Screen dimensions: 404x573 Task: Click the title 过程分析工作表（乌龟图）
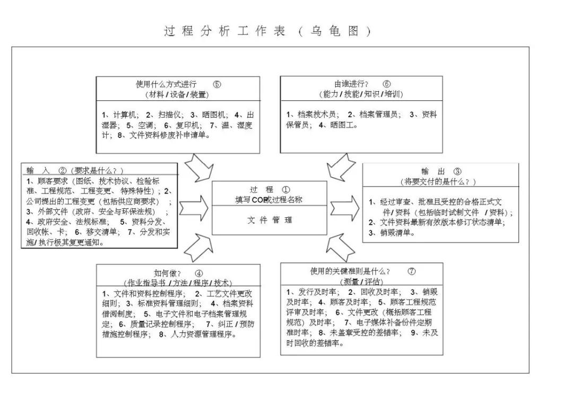pos(267,31)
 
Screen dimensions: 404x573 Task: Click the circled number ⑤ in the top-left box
pos(216,84)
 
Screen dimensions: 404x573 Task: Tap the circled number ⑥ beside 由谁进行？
pos(386,84)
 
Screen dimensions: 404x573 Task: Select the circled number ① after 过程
pos(286,189)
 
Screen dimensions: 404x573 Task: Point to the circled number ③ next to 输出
pos(457,171)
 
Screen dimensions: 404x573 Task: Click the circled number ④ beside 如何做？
pos(199,273)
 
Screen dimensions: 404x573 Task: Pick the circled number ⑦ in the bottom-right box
pos(412,271)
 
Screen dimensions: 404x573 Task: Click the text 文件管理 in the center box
pos(270,220)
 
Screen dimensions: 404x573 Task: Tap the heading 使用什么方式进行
pos(166,84)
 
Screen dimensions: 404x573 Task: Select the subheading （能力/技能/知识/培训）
pos(361,94)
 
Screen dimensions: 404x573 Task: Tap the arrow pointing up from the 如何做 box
pos(201,247)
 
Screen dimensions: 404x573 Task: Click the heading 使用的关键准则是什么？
pos(350,271)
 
